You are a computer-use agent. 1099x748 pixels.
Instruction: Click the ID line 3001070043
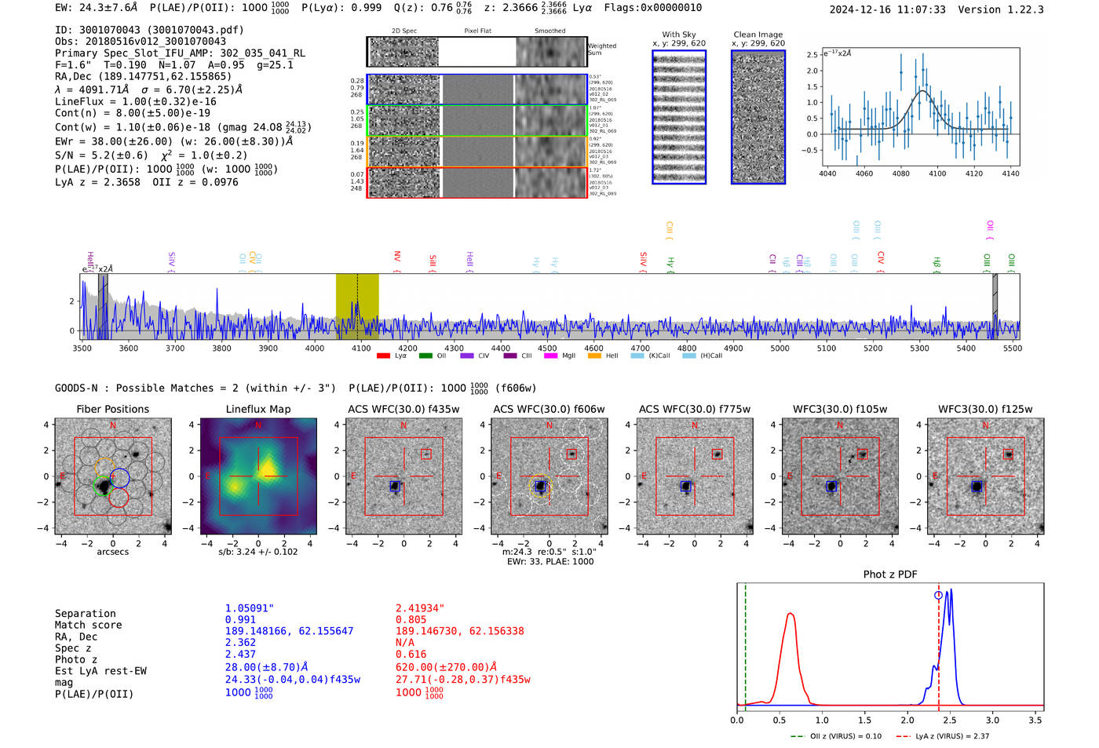click(149, 30)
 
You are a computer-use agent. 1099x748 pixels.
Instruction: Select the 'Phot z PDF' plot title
click(889, 574)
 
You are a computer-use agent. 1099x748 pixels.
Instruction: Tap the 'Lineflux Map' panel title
click(257, 409)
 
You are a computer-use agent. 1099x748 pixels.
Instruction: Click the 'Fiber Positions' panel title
click(112, 409)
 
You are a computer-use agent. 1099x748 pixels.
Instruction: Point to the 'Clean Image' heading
click(758, 35)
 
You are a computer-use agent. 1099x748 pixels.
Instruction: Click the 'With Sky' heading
click(678, 35)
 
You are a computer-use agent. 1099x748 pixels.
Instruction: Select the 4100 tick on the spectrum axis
click(361, 348)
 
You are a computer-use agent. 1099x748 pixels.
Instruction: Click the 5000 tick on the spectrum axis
click(780, 348)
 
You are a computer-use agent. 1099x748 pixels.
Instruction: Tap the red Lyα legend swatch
click(383, 356)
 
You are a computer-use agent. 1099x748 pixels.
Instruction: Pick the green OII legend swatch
click(425, 356)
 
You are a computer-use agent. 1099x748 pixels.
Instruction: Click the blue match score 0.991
click(240, 619)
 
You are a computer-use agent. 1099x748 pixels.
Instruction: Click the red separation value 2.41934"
click(420, 608)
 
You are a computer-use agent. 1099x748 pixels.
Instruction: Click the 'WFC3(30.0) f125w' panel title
click(985, 409)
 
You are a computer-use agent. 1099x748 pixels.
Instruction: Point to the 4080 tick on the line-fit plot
click(900, 173)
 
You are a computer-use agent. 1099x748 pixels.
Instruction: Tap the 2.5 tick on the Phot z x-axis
click(950, 720)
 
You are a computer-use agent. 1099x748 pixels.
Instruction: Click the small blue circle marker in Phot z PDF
click(938, 595)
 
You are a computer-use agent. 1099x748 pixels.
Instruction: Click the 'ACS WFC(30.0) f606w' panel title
click(549, 409)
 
